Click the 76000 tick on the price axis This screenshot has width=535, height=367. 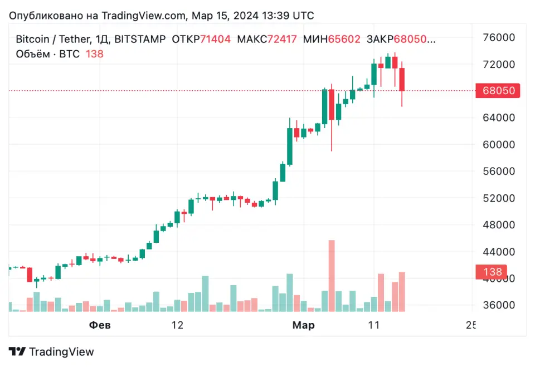pos(498,38)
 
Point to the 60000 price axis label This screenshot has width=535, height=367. pos(498,145)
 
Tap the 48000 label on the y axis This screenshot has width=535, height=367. pos(498,225)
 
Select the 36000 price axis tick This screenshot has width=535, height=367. pos(498,305)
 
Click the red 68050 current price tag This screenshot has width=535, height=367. pos(497,91)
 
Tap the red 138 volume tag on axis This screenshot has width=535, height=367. pos(492,272)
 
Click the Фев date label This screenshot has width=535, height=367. pos(100,325)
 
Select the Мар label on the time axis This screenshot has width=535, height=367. pos(304,325)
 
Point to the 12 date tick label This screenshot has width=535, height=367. pos(177,325)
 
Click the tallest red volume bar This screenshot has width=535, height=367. pos(332,276)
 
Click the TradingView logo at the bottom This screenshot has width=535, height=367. pos(51,352)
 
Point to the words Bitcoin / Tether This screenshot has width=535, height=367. pos(49,40)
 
